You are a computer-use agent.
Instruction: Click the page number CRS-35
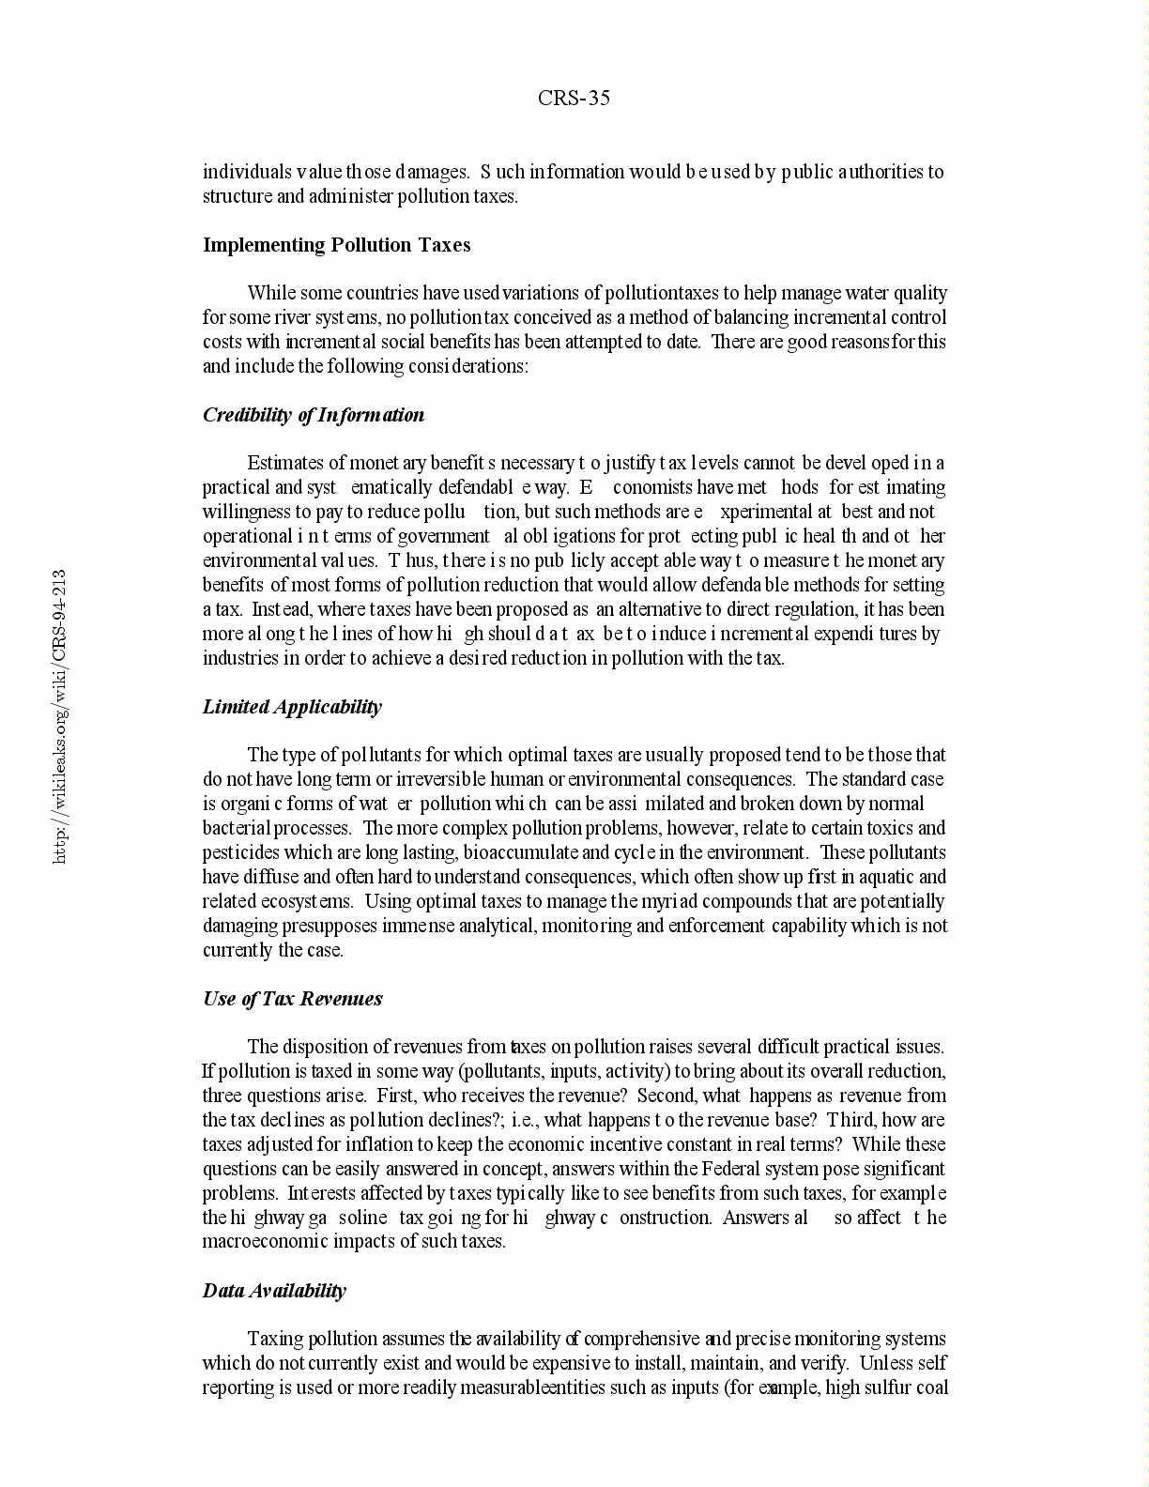(574, 99)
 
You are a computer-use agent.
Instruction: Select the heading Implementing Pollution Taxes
(336, 245)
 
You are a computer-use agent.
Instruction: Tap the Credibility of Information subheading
(313, 415)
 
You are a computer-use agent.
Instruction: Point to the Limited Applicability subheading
(292, 707)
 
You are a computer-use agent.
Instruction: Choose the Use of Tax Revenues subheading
(292, 999)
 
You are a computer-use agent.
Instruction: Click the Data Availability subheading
(274, 1291)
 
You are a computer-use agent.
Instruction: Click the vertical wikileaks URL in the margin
(59, 715)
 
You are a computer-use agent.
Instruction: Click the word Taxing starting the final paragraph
(275, 1339)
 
